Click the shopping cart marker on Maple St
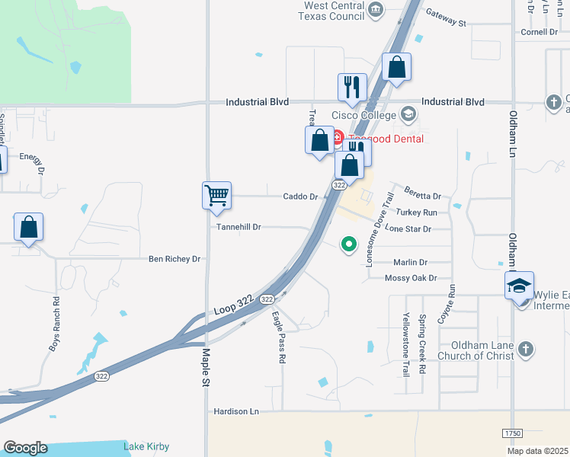[216, 195]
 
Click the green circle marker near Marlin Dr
[349, 244]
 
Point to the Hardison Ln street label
[236, 411]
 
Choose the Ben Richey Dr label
[174, 259]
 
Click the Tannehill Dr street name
[239, 227]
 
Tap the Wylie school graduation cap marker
[519, 286]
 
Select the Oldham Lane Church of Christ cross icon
[525, 350]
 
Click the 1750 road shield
[512, 433]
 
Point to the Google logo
[25, 448]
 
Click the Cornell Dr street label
[540, 32]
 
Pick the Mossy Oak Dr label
[411, 279]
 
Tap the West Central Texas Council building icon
[375, 9]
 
